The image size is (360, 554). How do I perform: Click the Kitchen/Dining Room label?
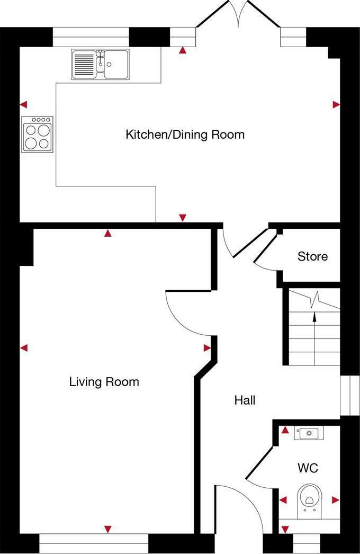coord(185,135)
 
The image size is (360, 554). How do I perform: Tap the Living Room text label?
coord(104,381)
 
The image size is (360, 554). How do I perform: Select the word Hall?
coord(245,400)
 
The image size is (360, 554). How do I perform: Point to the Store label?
coord(312,257)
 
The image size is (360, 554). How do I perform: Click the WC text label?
coord(308,468)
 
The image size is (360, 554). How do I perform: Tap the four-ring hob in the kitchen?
coord(37,135)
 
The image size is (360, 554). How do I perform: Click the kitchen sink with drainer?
coord(100,64)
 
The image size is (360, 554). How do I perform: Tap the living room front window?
coord(94,543)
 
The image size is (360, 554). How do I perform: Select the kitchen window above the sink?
coord(91,37)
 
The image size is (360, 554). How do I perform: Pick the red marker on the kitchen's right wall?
coord(336,105)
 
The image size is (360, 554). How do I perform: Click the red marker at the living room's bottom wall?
coord(108,529)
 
